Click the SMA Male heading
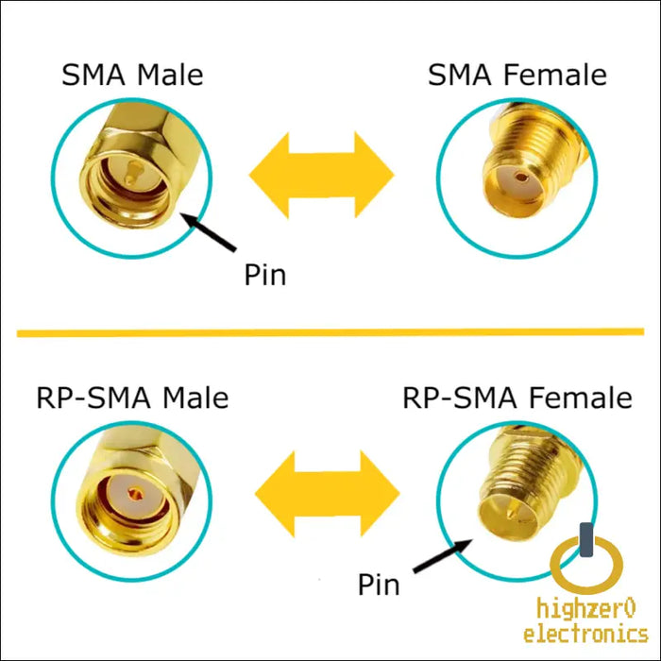(132, 75)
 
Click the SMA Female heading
(517, 75)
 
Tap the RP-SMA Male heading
(132, 397)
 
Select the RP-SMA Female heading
(517, 397)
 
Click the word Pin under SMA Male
(264, 275)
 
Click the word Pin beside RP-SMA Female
(379, 585)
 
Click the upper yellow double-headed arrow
(321, 176)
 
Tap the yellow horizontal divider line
(330, 332)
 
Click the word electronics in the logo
(586, 635)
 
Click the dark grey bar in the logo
(586, 541)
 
